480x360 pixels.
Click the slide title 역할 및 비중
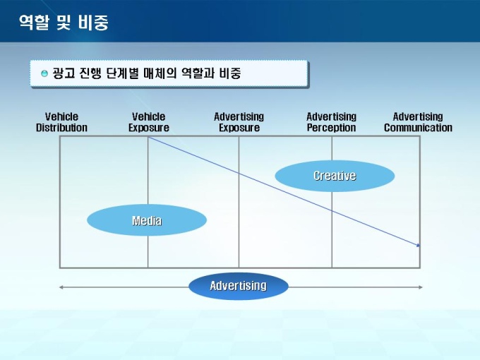point(64,23)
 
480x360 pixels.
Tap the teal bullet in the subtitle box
point(44,73)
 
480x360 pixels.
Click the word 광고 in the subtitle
point(64,73)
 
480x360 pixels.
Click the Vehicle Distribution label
point(61,122)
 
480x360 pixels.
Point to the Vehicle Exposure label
point(149,122)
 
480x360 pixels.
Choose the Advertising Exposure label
point(239,122)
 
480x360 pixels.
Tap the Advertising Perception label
point(332,122)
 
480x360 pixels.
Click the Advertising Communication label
point(418,122)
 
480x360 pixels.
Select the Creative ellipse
point(335,176)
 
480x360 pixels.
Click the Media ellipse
point(147,220)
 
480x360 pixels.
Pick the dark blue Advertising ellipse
point(239,286)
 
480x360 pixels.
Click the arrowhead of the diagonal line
point(419,245)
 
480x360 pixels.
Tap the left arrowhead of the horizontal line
point(61,287)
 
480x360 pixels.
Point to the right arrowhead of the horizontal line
point(421,287)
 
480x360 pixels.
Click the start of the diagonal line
point(148,138)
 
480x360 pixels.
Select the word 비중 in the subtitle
point(230,73)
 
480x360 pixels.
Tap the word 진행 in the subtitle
point(90,73)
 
